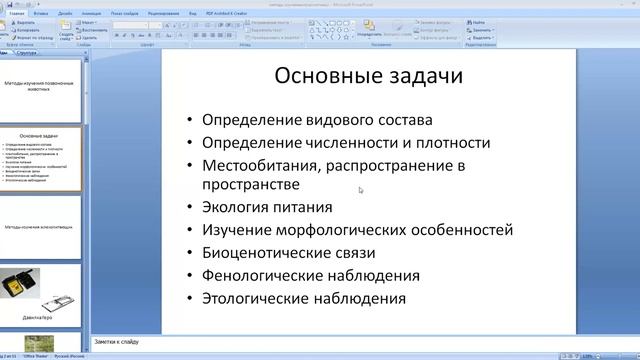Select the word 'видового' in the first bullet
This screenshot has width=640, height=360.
(x=340, y=119)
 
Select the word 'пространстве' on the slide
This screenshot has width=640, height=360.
(x=250, y=185)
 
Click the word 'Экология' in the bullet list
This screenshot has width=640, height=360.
(x=236, y=208)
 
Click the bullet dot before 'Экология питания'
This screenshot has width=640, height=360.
(x=189, y=208)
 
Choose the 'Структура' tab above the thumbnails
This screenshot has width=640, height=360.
(x=31, y=52)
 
